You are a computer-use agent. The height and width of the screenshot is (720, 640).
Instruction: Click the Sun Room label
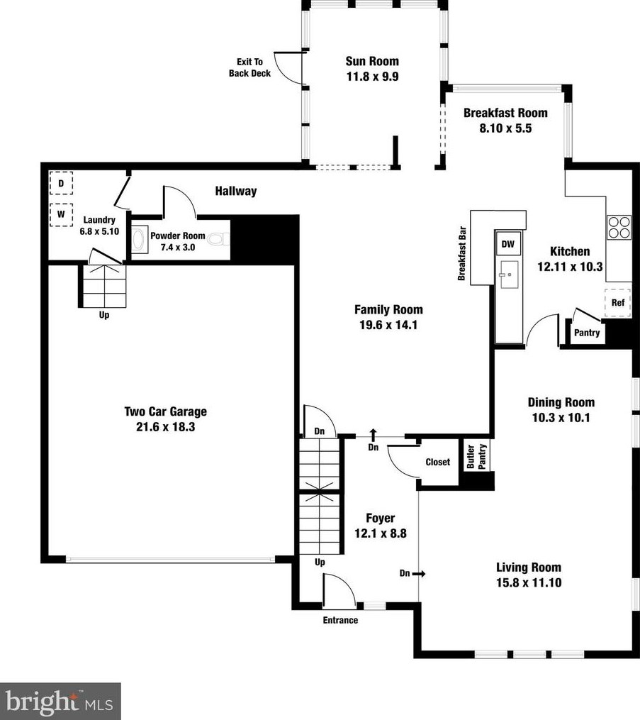click(372, 61)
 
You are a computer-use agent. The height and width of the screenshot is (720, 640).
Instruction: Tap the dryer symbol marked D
click(61, 184)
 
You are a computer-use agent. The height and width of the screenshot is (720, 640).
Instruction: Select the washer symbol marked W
click(61, 214)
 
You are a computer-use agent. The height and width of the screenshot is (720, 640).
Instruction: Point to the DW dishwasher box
click(508, 243)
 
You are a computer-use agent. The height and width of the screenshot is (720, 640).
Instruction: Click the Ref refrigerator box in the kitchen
click(617, 303)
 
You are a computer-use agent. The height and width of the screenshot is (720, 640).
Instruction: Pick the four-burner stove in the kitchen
click(619, 227)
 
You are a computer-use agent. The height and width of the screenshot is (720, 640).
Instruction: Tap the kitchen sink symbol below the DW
click(509, 275)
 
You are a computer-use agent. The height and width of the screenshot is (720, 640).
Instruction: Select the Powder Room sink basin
click(138, 239)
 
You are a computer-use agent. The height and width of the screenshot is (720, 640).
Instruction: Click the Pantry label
click(587, 333)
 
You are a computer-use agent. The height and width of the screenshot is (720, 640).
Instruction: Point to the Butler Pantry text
click(476, 456)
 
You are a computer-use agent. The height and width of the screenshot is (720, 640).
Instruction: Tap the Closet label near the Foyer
click(438, 462)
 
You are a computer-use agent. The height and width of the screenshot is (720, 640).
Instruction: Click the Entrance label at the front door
click(340, 621)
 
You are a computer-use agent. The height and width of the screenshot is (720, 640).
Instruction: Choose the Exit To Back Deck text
click(249, 67)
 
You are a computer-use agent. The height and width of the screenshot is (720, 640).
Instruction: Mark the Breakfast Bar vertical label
click(462, 253)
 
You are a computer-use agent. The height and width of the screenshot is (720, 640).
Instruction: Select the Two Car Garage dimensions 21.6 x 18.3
click(166, 427)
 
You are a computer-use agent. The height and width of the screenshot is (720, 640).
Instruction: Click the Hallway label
click(236, 191)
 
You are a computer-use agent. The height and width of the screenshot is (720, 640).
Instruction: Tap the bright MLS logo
click(60, 702)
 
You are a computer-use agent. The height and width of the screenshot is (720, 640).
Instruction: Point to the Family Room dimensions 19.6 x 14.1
click(388, 325)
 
